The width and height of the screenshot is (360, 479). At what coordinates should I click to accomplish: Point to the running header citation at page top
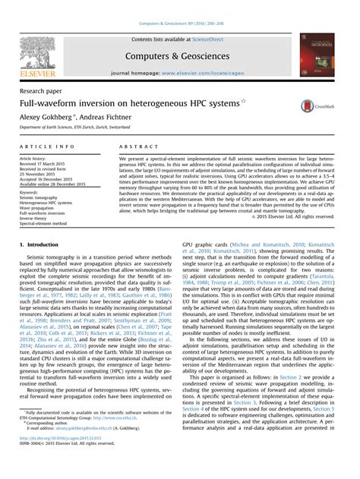coord(180,5)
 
